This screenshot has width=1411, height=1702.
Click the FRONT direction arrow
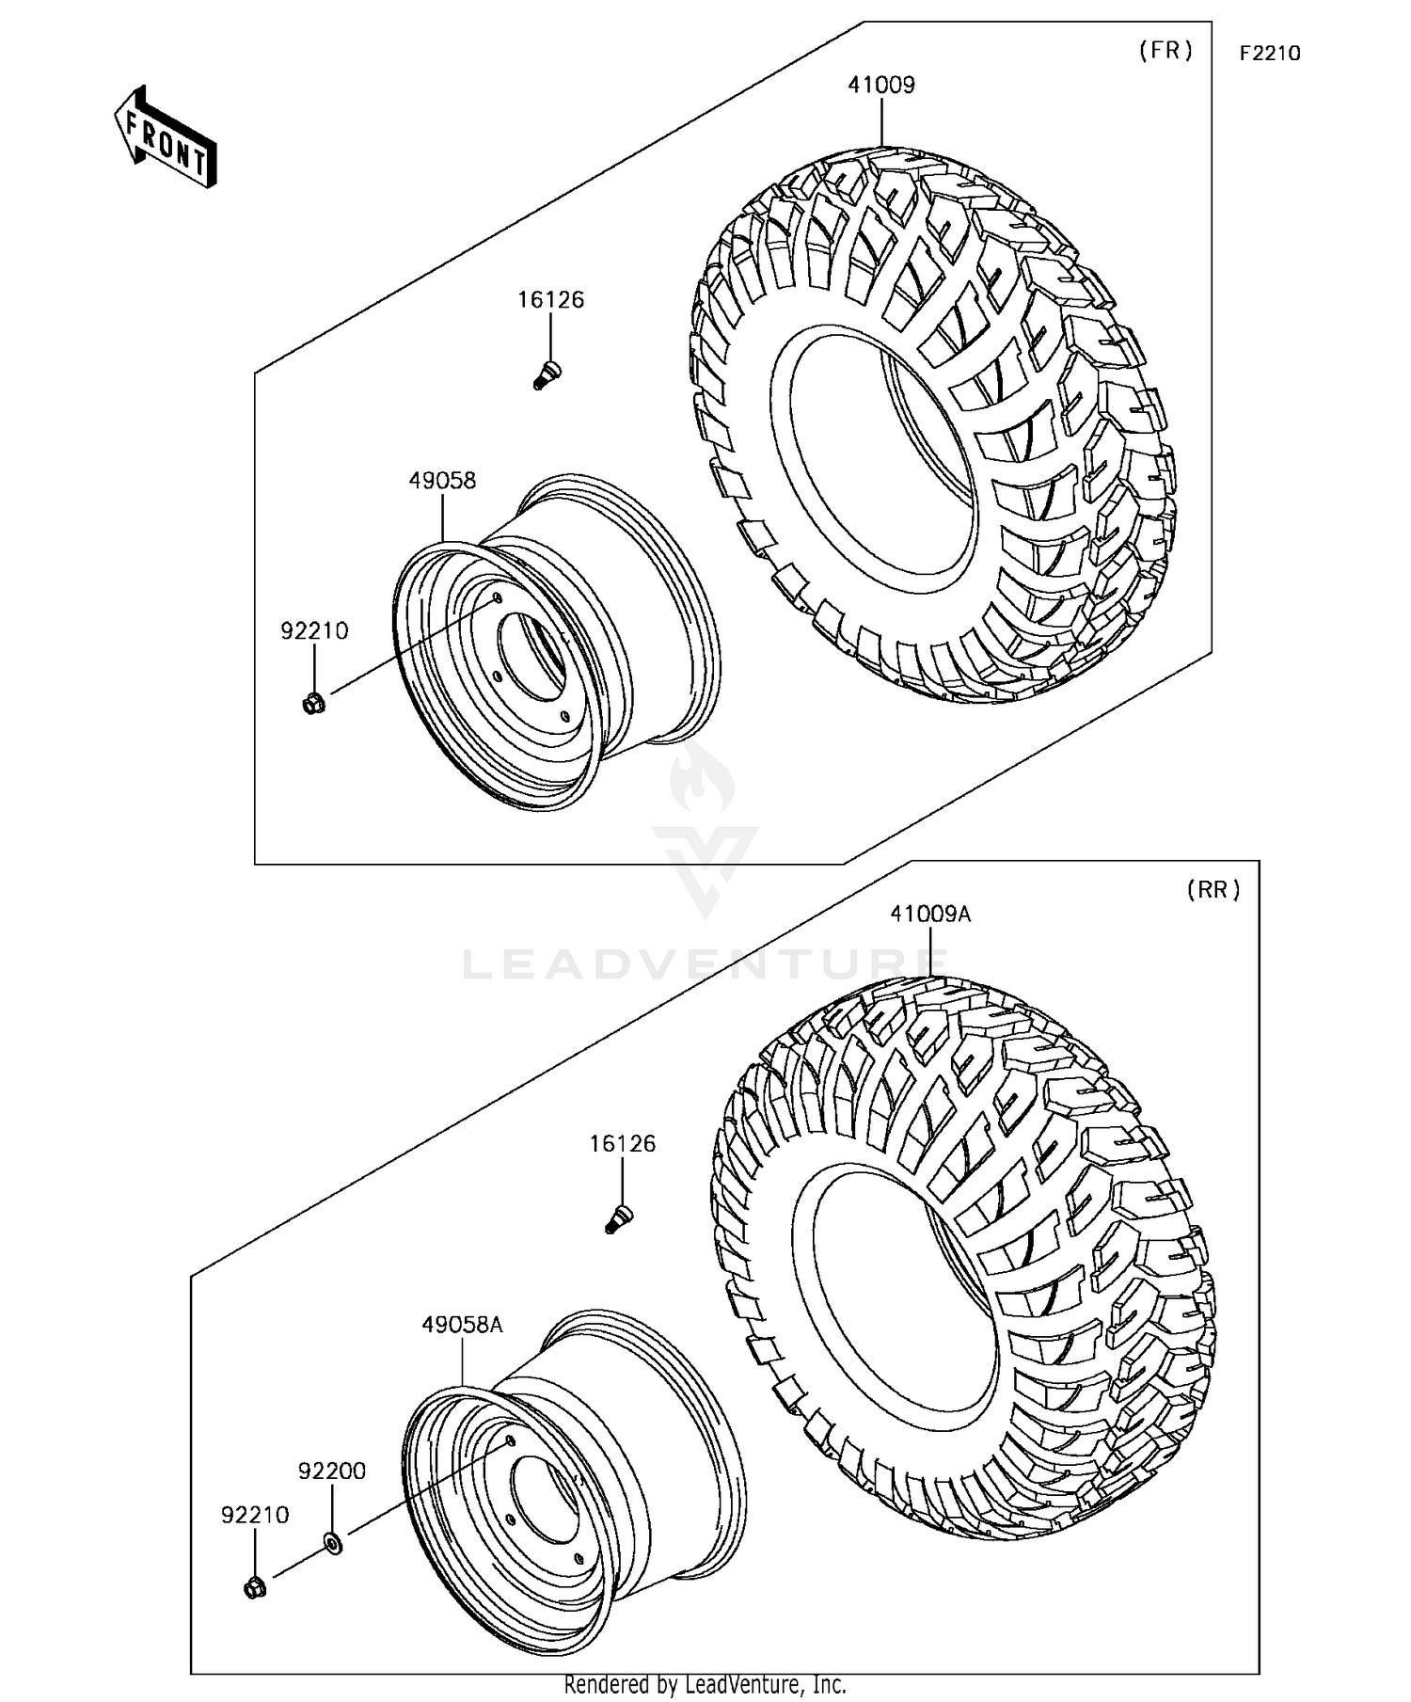click(x=166, y=137)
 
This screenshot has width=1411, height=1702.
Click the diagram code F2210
click(x=1269, y=54)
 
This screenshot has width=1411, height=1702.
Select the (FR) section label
click(x=1165, y=51)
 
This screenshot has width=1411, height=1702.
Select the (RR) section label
click(x=1213, y=889)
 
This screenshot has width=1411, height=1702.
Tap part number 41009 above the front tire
click(x=881, y=85)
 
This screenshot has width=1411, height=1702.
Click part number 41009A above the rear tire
click(x=930, y=914)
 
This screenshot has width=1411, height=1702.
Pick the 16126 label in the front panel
click(x=550, y=300)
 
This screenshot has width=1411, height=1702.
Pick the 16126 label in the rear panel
click(x=622, y=1144)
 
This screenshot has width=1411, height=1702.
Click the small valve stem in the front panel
click(x=547, y=374)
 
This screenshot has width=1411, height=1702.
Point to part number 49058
click(x=442, y=481)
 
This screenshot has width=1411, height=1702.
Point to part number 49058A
click(x=462, y=1325)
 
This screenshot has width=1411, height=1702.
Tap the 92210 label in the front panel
click(x=314, y=631)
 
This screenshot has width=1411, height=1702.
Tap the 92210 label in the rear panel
click(x=255, y=1516)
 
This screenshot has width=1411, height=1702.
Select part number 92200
click(x=332, y=1471)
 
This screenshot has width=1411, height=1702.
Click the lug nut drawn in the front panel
click(x=314, y=703)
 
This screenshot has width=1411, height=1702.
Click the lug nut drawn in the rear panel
click(x=255, y=1589)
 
